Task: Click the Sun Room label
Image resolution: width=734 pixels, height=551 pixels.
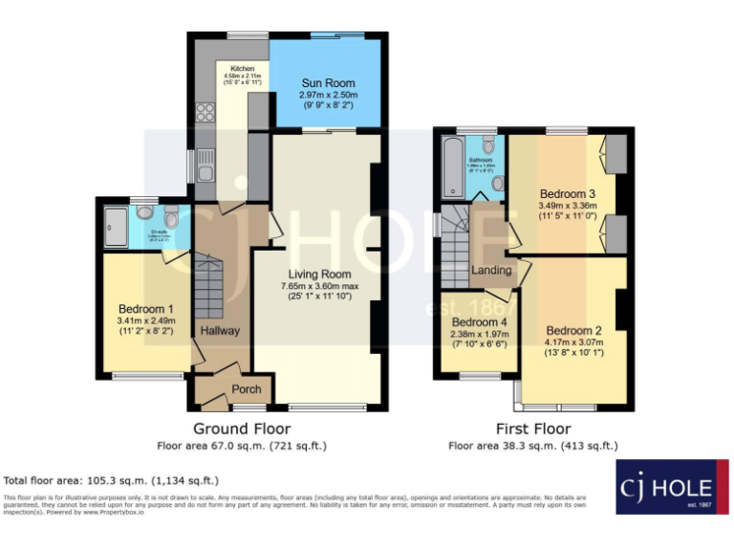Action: coord(326,83)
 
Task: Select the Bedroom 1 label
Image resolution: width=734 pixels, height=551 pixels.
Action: coord(145,309)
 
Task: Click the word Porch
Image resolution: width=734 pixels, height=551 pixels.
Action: coord(247,388)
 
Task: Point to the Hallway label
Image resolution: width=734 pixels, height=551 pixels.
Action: coord(220,331)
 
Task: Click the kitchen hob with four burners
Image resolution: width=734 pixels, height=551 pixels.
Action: coord(205,112)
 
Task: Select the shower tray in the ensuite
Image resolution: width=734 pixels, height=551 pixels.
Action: coord(116,226)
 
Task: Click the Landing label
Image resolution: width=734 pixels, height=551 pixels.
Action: coord(491,271)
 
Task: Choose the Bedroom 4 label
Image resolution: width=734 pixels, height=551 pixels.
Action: coord(478,322)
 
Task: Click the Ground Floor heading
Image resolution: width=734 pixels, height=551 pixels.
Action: coord(242,429)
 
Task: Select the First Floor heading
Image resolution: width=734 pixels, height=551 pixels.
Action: coord(532,429)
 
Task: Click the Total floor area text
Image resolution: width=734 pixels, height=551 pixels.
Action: coord(112,480)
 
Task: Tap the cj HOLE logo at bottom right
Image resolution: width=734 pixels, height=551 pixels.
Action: coord(665,487)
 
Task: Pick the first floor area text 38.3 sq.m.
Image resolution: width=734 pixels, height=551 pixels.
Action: coord(532,446)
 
